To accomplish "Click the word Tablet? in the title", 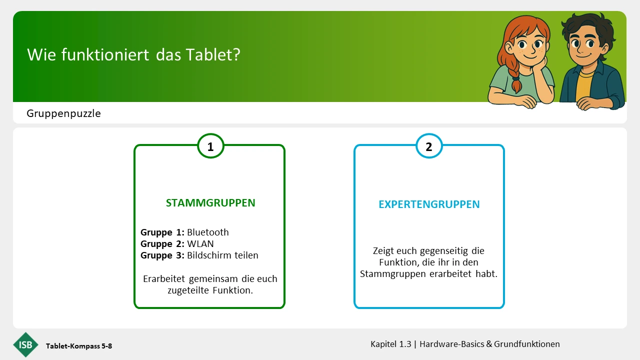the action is click(x=213, y=54).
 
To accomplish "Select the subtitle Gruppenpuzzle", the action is click(x=63, y=113).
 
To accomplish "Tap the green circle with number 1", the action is click(x=210, y=146).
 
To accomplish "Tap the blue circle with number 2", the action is click(x=429, y=146).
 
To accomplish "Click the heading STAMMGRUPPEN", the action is click(x=210, y=203).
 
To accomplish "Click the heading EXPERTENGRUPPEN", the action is click(x=429, y=204).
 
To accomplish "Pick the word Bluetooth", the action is click(x=208, y=232).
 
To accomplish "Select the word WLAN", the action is click(x=200, y=243).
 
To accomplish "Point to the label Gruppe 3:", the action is click(x=162, y=255).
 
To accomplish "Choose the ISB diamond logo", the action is click(x=25, y=345).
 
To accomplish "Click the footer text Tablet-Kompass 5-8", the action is click(x=79, y=346).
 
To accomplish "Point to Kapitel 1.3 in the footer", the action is click(x=391, y=344).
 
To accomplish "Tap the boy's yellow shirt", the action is click(x=583, y=85).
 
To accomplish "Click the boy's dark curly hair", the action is click(x=588, y=28).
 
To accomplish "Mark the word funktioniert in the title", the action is click(x=105, y=54).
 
